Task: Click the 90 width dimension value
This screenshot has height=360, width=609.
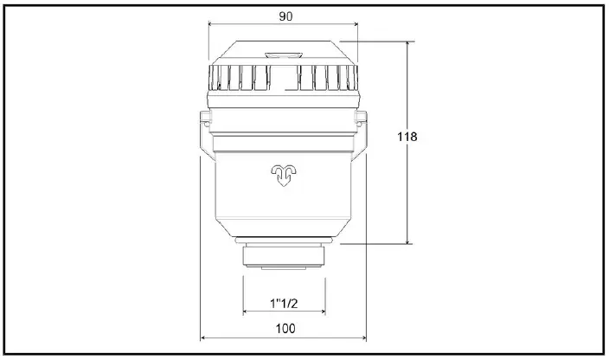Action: coord(285,16)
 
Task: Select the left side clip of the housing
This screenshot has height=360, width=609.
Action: coord(204,130)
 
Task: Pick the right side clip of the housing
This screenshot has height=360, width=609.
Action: coord(361,130)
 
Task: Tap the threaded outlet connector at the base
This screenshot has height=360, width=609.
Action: coord(284,257)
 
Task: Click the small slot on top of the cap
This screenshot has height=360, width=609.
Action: coord(283,55)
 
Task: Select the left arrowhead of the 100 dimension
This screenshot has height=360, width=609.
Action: coord(204,337)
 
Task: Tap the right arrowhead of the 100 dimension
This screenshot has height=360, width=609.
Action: coord(363,337)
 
